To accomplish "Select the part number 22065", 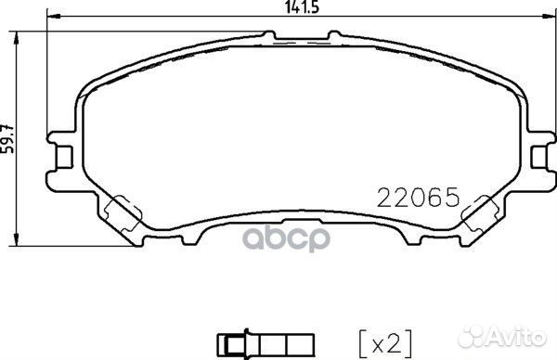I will tap(418, 197).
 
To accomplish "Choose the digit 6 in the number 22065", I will tap(431, 197).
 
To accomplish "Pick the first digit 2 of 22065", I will tap(383, 197).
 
